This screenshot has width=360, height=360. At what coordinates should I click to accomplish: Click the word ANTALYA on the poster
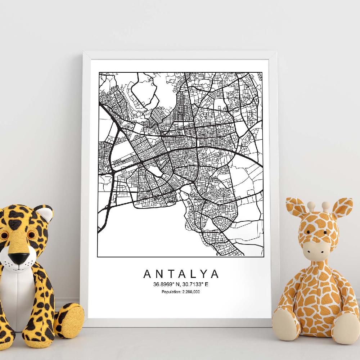pos(181,274)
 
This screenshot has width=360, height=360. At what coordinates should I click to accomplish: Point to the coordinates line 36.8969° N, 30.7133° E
pos(181,284)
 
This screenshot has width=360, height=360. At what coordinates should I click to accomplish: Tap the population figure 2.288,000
pos(189,292)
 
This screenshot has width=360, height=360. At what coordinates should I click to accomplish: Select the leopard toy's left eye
pos(4,236)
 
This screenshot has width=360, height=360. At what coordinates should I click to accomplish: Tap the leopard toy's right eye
pos(32,235)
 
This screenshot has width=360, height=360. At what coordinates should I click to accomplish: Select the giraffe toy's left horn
pos(312,207)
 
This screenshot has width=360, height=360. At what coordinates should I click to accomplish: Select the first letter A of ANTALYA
pos(147,274)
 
